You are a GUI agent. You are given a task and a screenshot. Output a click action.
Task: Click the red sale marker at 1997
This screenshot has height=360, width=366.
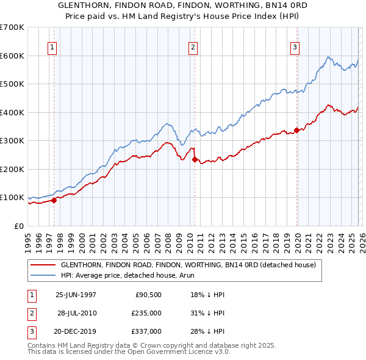click(54, 200)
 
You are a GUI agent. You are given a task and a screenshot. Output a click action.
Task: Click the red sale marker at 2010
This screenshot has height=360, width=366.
click(195, 159)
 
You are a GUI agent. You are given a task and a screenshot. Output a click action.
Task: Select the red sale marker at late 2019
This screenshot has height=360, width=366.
click(296, 130)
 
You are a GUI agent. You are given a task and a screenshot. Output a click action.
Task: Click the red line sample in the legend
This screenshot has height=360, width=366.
click(43, 265)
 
